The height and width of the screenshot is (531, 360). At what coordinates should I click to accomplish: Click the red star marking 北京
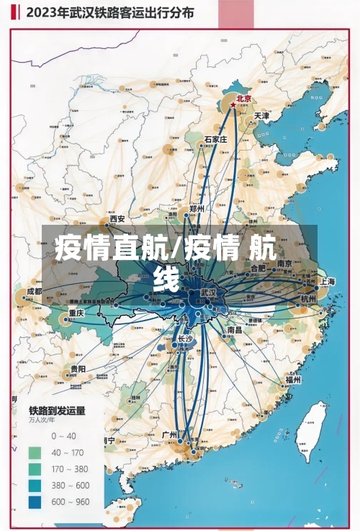[x=233, y=105]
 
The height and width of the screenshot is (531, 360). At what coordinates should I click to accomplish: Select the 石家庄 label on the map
[x=215, y=139]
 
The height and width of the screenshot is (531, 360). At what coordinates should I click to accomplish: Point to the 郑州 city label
[x=196, y=208]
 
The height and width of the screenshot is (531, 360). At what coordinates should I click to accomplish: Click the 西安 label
[x=117, y=219]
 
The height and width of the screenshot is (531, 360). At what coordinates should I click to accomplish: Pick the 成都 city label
[x=34, y=292]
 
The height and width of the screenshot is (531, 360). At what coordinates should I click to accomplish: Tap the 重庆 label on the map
[x=76, y=313]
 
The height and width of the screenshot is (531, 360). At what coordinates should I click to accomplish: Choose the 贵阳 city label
[x=77, y=369]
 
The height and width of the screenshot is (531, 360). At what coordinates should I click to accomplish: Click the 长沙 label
[x=184, y=338]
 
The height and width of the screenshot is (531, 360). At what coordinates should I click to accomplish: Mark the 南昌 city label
[x=235, y=329]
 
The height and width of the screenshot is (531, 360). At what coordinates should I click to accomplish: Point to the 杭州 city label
[x=307, y=299]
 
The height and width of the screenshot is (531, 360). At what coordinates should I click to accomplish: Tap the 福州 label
[x=292, y=380]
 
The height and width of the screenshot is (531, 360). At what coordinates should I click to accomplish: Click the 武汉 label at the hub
[x=208, y=293]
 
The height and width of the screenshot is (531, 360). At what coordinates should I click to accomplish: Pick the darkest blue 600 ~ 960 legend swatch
[x=35, y=501]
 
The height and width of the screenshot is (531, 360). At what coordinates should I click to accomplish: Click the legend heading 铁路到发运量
[x=57, y=411]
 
